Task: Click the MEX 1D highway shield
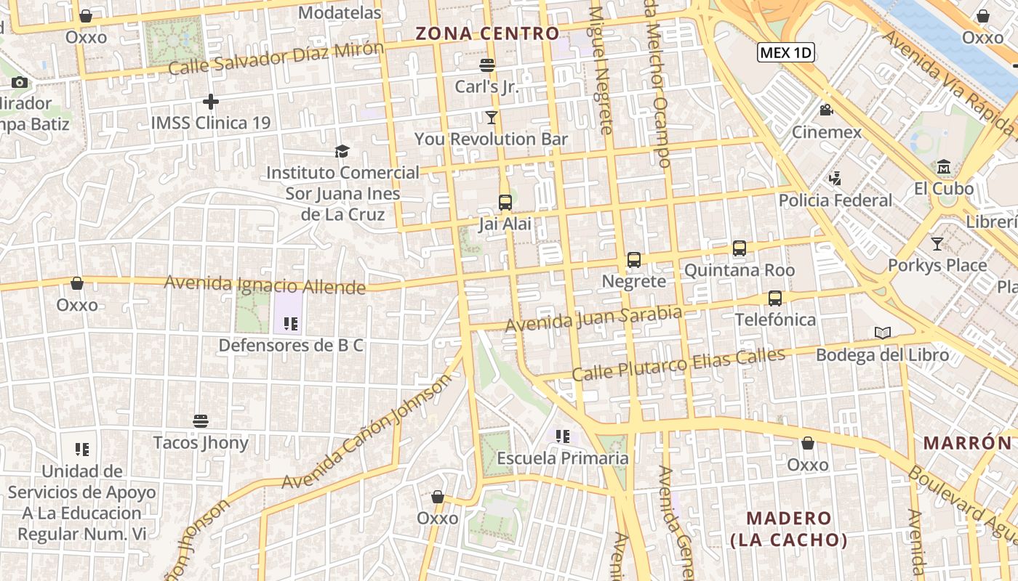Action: (x=785, y=52)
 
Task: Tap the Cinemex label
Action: (x=826, y=132)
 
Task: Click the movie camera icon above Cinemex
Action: (x=826, y=110)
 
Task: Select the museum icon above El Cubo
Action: (x=944, y=166)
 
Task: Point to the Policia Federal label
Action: (x=835, y=200)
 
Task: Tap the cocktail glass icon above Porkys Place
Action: (x=937, y=244)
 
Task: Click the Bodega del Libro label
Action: (x=882, y=355)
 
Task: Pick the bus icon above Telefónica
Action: (x=775, y=298)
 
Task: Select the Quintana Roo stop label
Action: (x=740, y=270)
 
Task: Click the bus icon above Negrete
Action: (x=634, y=260)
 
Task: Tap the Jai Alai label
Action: (x=505, y=224)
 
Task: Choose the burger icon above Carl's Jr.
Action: (x=487, y=65)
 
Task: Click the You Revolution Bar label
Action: (x=491, y=139)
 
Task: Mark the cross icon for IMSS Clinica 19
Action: (x=211, y=102)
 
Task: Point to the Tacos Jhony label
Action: (x=201, y=442)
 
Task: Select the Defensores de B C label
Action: (x=291, y=346)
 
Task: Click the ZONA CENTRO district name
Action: (x=487, y=33)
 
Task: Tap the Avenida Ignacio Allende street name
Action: (x=265, y=285)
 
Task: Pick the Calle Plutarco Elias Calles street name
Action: (x=678, y=365)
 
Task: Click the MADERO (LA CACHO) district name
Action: (x=789, y=529)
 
